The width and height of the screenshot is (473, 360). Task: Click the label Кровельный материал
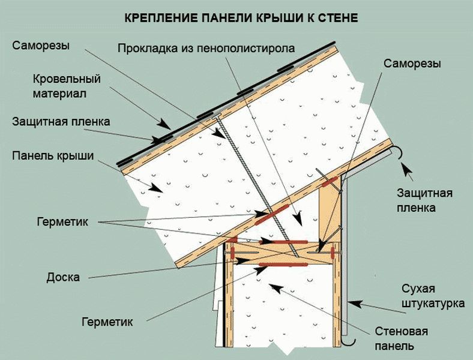(67, 86)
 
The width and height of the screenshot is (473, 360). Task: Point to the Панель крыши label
(53, 156)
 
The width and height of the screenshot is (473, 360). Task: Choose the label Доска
(63, 277)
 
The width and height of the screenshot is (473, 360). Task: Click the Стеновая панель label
(401, 338)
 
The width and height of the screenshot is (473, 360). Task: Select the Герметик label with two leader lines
(62, 222)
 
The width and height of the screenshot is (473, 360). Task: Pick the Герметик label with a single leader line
(107, 322)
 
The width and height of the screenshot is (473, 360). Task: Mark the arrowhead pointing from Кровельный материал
(165, 124)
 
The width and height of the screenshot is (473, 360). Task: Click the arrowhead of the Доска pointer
(243, 260)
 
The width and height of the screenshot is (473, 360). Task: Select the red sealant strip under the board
(283, 265)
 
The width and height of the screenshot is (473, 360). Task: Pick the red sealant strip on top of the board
(291, 242)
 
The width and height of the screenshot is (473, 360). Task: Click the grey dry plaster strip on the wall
(346, 256)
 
